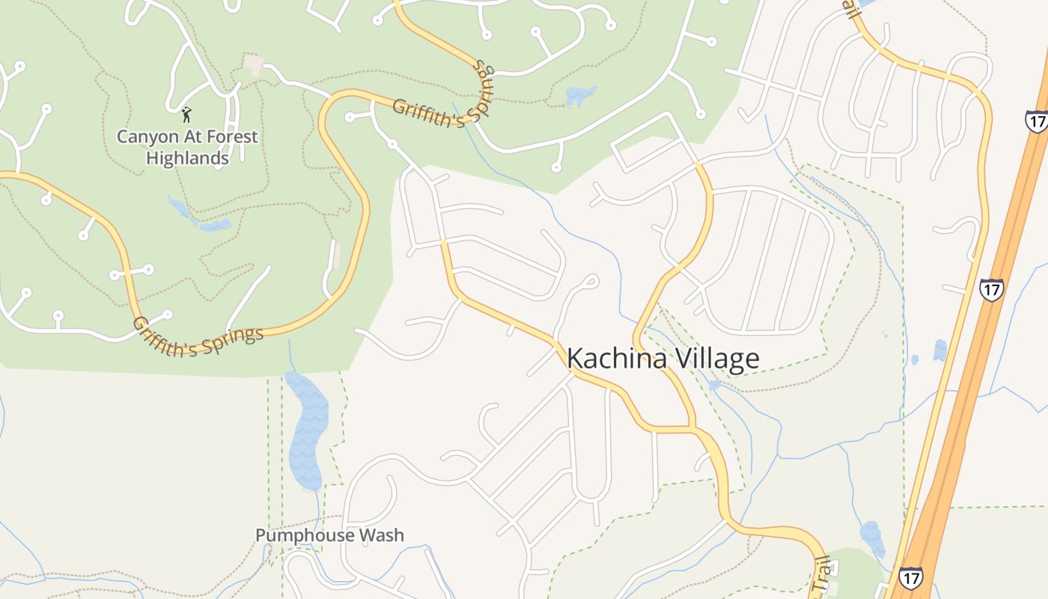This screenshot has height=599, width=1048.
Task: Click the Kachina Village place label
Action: point(662,359)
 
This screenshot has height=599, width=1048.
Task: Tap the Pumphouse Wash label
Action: point(329,535)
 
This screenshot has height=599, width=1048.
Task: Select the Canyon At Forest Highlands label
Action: point(187,147)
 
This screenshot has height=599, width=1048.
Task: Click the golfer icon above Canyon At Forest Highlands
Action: point(186,115)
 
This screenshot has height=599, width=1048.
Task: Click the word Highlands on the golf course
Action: point(187,158)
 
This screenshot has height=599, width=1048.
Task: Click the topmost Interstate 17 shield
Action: point(1036,121)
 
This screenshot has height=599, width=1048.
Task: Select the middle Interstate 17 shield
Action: point(991,289)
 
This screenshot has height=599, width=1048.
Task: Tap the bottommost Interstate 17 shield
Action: point(910,577)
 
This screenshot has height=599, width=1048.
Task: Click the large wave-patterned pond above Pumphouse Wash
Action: point(307,431)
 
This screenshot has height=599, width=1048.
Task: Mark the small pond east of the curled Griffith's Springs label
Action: point(581,96)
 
